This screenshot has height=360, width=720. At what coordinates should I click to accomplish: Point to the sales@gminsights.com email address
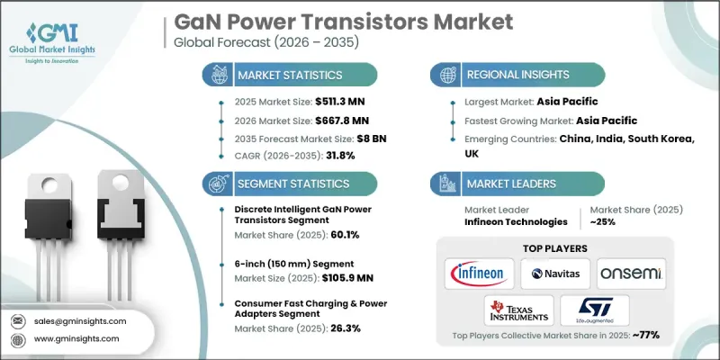coord(80,320)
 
